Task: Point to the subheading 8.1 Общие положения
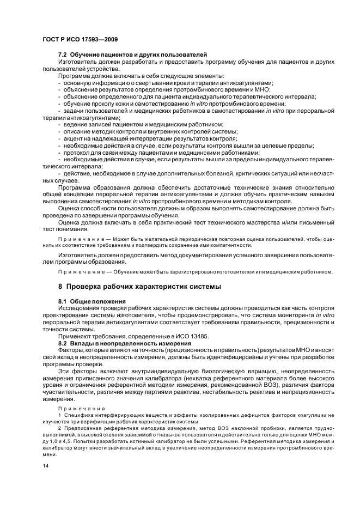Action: [91, 301]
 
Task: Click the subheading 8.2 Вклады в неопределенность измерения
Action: [124, 343]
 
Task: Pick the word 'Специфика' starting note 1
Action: [80, 416]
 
